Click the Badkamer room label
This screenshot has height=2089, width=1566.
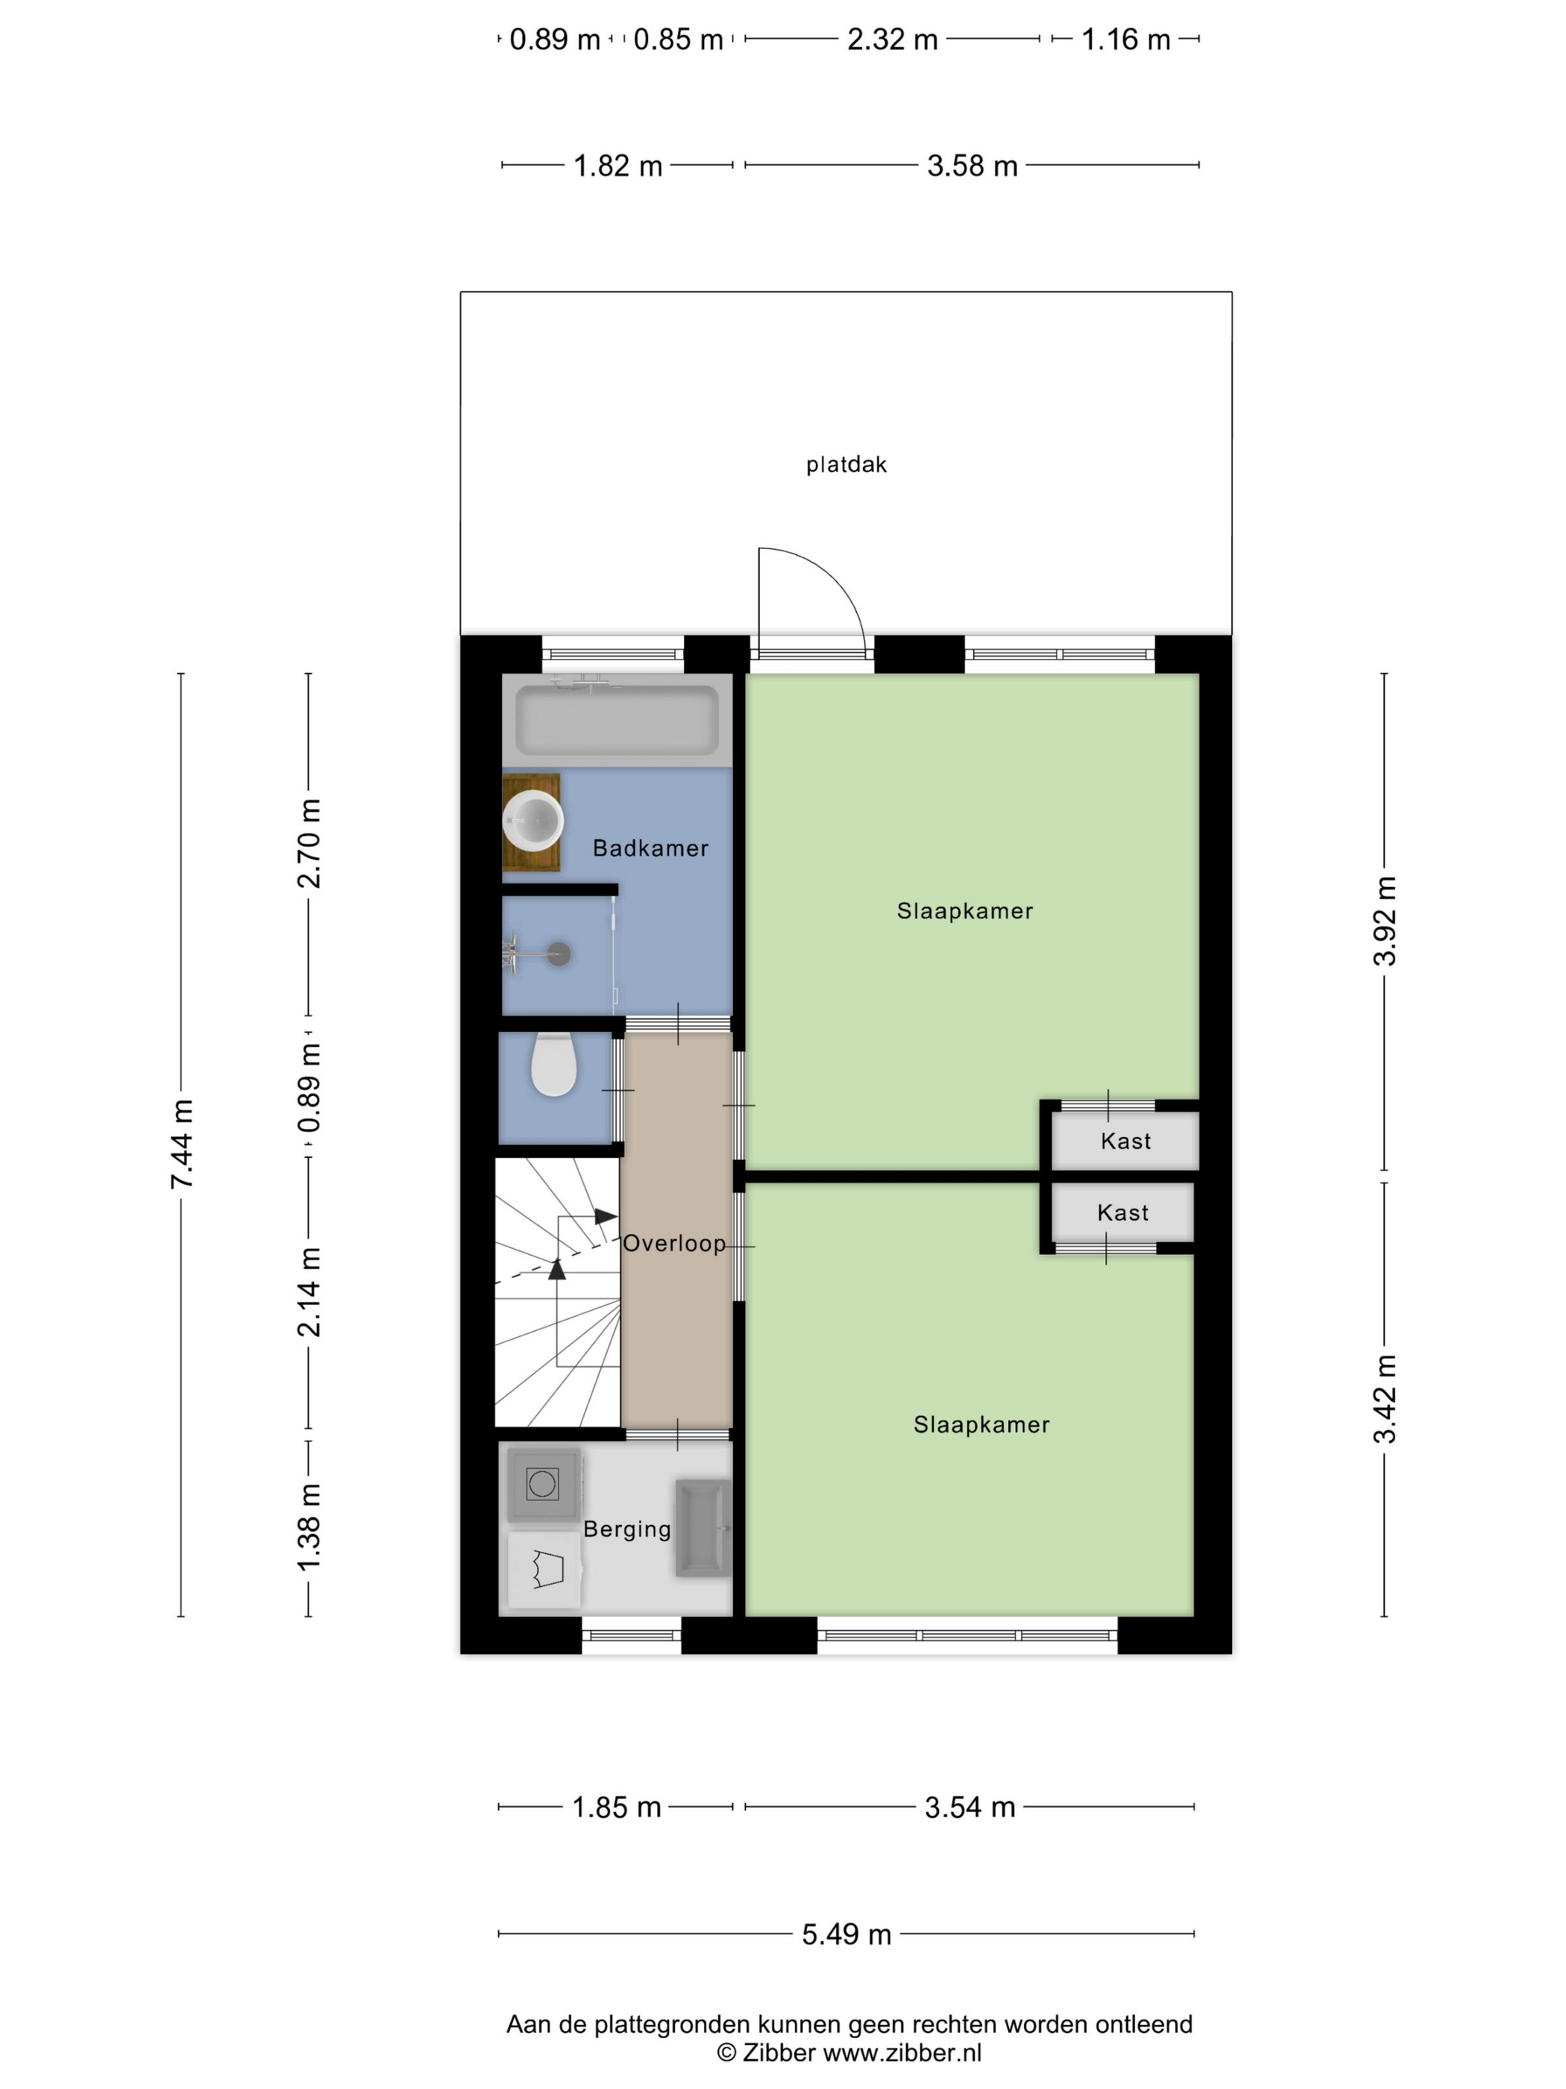tap(650, 848)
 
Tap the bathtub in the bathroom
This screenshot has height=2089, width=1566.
tap(617, 720)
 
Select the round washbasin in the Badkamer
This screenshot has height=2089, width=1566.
tap(533, 821)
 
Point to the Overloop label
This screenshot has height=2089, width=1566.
tap(675, 1243)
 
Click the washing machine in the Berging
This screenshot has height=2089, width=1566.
tap(543, 1484)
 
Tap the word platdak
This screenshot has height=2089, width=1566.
tap(846, 464)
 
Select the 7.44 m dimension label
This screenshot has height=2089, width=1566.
tap(181, 1144)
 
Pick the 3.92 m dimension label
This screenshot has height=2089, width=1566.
tap(1385, 921)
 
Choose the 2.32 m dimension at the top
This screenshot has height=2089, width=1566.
tap(892, 40)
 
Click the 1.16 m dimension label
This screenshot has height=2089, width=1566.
tap(1125, 40)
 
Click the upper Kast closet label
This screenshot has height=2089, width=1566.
tap(1126, 1141)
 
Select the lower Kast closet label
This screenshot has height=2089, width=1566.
tap(1123, 1212)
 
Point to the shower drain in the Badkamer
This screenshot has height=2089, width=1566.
tap(560, 953)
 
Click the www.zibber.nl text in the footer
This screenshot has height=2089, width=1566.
tap(902, 2052)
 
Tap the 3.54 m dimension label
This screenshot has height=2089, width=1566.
tap(969, 1808)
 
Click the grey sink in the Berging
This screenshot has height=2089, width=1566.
tap(703, 1528)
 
